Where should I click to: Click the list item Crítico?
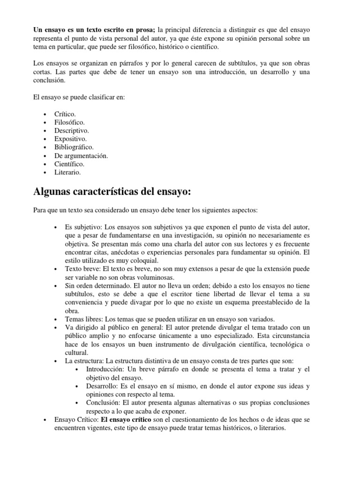pyautogui.click(x=65, y=114)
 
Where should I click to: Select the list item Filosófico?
pyautogui.click(x=69, y=122)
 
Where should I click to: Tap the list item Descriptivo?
pyautogui.click(x=71, y=131)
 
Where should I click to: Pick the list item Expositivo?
pyautogui.click(x=70, y=139)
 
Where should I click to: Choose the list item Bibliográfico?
pyautogui.click(x=74, y=148)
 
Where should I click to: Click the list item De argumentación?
pyautogui.click(x=81, y=156)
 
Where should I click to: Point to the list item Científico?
pyautogui.click(x=69, y=165)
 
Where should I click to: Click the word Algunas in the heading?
pyautogui.click(x=51, y=193)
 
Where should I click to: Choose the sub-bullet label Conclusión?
pyautogui.click(x=103, y=403)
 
